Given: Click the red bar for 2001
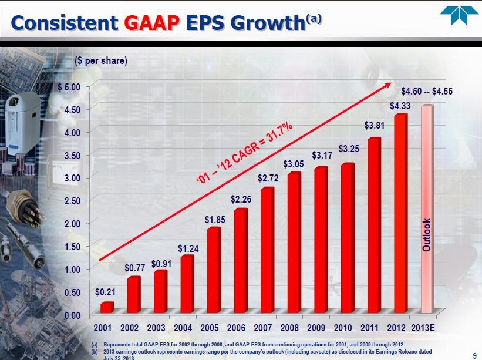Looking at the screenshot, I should tap(107, 307).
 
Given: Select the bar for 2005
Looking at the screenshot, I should tap(214, 270).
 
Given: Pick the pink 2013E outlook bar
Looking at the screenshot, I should tap(427, 209).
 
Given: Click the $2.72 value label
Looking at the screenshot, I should tap(268, 177).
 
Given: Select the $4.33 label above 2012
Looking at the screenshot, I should tap(400, 106).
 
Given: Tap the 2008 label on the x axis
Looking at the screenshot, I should tap(294, 327).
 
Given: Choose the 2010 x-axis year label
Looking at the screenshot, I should tap(347, 327).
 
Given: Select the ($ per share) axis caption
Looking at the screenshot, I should tap(101, 60).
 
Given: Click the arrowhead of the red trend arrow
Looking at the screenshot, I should tap(388, 86).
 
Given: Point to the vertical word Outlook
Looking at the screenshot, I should tap(427, 235).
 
